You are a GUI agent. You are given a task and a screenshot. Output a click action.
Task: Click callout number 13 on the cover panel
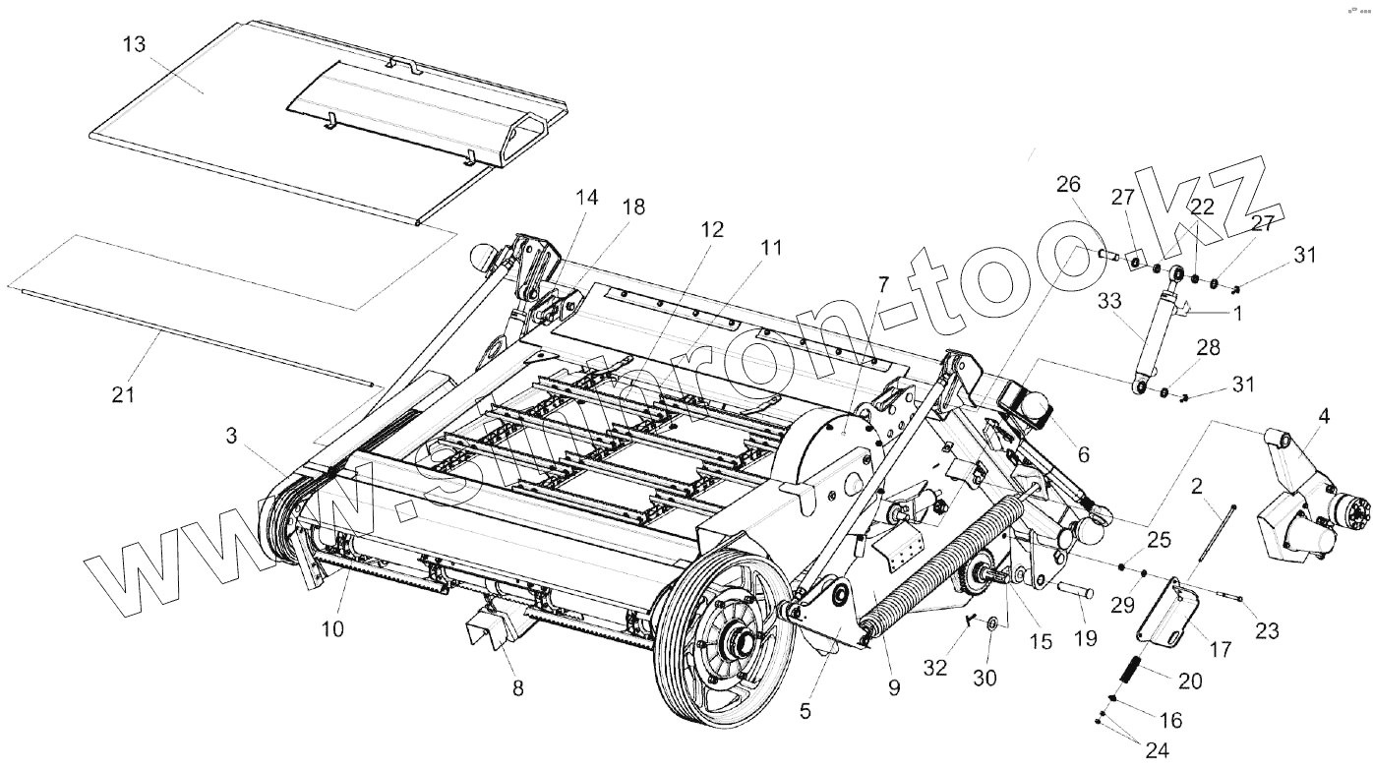135,45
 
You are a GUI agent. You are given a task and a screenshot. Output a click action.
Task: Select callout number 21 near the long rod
123,394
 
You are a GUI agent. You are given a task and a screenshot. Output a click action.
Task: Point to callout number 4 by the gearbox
1324,417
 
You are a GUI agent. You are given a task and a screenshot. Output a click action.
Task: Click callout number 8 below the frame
517,687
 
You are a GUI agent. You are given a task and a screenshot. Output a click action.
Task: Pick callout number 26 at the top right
1068,184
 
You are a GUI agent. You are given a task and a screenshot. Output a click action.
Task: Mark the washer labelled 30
991,623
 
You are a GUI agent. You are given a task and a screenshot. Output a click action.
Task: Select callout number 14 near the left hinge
586,198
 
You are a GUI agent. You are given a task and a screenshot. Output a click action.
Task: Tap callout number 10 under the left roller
332,627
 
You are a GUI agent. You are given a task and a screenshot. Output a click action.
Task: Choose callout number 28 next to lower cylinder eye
1208,349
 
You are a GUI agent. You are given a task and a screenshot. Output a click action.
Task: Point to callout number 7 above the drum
882,285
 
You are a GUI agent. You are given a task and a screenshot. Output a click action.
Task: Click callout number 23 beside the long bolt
1267,630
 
